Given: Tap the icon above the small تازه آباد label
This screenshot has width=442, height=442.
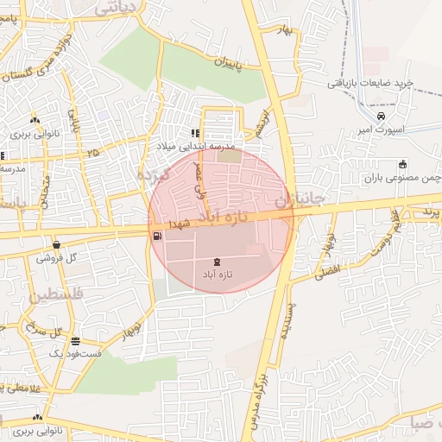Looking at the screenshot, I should [x=216, y=261].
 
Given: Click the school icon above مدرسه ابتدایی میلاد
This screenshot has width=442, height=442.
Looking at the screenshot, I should [x=195, y=134].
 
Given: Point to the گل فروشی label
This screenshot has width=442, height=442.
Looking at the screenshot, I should [x=57, y=257].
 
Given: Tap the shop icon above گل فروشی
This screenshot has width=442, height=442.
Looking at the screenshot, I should [x=57, y=244].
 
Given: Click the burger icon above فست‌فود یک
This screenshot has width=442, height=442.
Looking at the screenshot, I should [x=76, y=341].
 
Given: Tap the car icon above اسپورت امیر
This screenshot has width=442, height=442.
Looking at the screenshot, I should [x=382, y=117].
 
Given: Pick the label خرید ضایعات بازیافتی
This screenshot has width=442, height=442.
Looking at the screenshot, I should [x=372, y=84].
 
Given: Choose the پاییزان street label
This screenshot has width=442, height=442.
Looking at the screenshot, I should [x=212, y=64].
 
